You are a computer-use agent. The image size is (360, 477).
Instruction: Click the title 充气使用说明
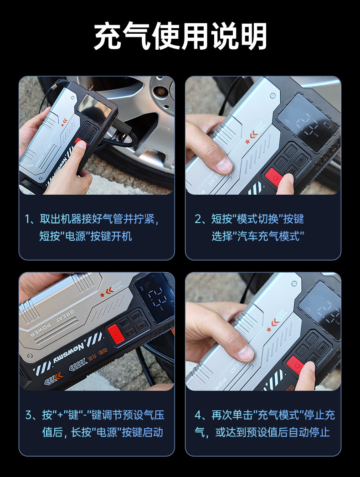pos(180,36)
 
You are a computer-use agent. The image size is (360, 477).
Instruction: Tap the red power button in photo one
pos(80,141)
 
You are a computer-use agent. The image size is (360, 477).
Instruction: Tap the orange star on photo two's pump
pos(247,142)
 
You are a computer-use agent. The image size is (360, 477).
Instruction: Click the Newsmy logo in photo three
pos(68,354)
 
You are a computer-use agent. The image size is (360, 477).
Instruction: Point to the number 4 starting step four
pos(198,415)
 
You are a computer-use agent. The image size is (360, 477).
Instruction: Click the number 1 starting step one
pos(27,219)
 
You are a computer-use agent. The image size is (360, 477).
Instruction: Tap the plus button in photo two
pos(301,159)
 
